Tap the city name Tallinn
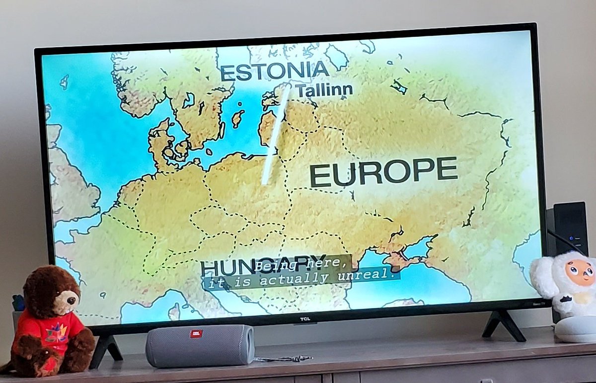point(324,90)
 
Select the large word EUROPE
point(383,172)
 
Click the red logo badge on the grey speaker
point(197,333)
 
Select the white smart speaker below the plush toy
point(575,328)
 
